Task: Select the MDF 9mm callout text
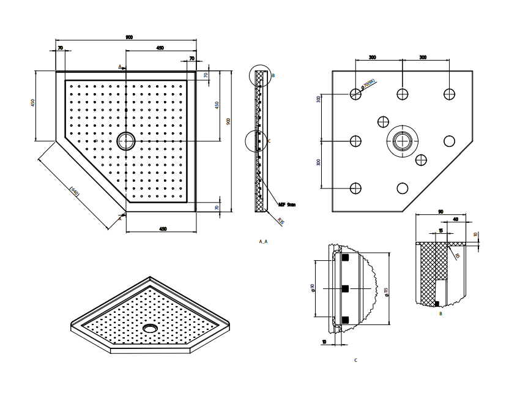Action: [x=286, y=205]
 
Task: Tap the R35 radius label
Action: [x=281, y=220]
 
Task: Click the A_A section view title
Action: [x=263, y=242]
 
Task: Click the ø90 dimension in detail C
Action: [x=313, y=288]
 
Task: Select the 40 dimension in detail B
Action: [x=456, y=220]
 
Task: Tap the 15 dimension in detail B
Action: [x=440, y=231]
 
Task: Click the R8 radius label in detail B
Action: [x=457, y=257]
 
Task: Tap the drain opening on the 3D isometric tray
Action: [x=150, y=328]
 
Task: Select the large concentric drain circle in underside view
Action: [x=402, y=141]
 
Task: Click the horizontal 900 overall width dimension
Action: [x=129, y=38]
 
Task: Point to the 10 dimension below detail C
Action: [x=324, y=342]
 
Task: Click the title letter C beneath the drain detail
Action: [x=355, y=360]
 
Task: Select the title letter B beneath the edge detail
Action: [x=440, y=313]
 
